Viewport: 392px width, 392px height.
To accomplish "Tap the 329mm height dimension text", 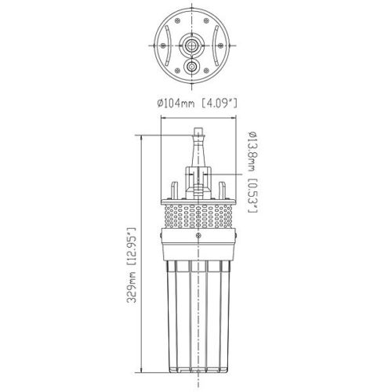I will click(x=132, y=285).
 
